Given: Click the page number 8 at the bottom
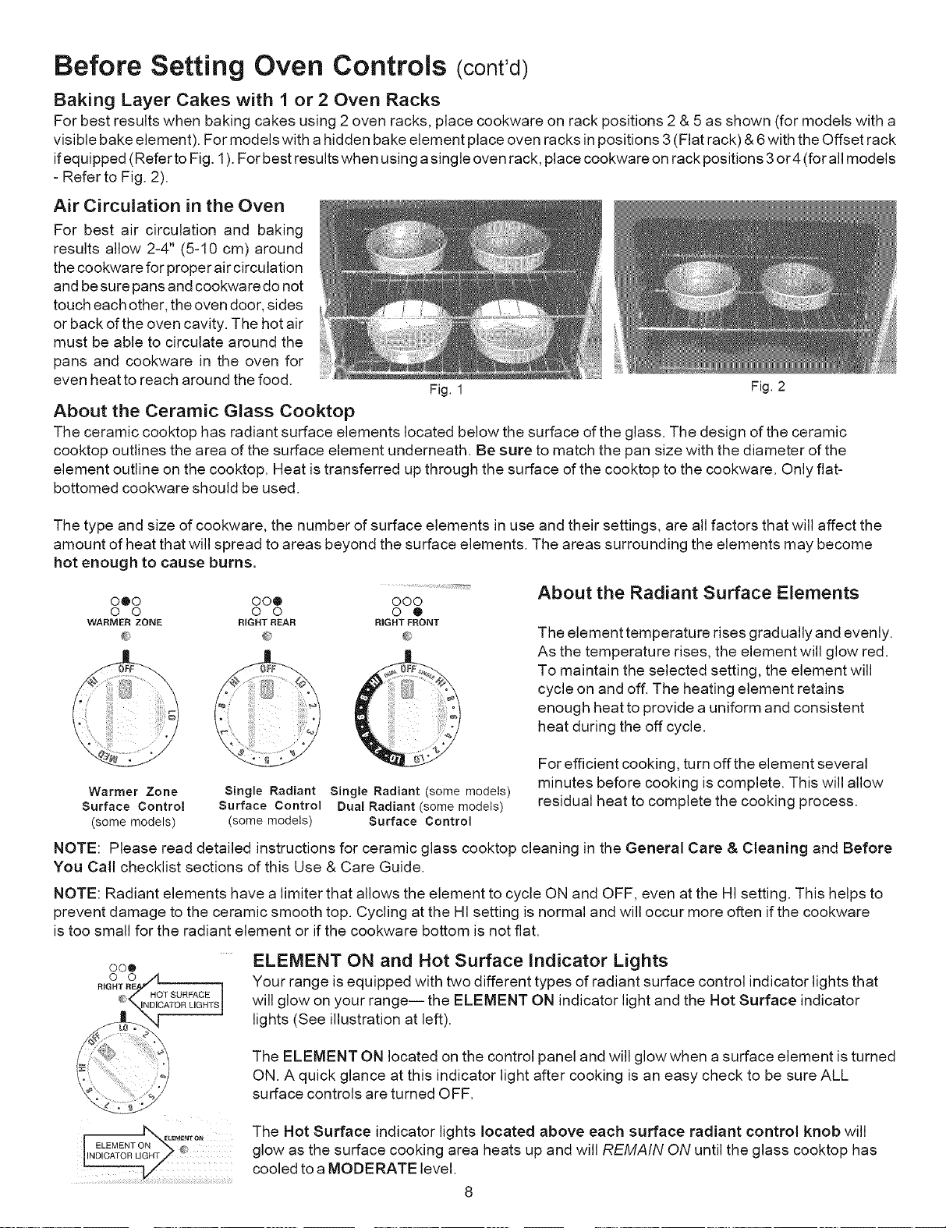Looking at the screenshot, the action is click(468, 1192).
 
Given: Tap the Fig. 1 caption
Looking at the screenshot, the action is click(446, 390).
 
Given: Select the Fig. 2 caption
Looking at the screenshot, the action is click(768, 387).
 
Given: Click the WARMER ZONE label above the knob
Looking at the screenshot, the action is click(124, 622).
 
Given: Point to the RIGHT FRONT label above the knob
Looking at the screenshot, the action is click(407, 622).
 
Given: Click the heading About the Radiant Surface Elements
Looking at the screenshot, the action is click(698, 593).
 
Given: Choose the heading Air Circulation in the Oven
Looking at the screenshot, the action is click(168, 206).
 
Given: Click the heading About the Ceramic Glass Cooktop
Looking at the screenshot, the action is click(204, 410).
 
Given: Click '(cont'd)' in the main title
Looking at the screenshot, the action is click(492, 69).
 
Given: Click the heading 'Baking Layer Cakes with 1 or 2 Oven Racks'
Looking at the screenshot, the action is click(246, 100).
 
